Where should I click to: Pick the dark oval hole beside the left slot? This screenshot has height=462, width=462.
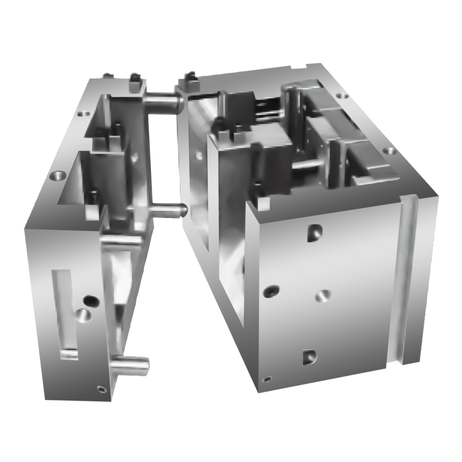click(x=91, y=300)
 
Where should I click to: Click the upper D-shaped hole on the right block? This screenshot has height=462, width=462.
click(x=314, y=233)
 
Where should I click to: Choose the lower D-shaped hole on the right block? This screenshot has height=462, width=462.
click(x=309, y=356)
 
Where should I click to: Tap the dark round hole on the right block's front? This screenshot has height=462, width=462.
click(x=271, y=291)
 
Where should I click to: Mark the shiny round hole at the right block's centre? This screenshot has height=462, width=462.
click(x=322, y=296)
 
